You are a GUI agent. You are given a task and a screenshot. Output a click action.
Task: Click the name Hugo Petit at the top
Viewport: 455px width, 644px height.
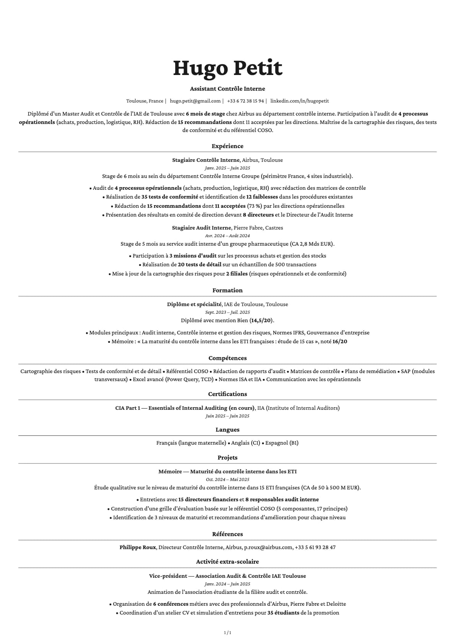(227, 68)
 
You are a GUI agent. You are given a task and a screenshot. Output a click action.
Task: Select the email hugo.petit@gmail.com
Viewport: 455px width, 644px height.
(195, 101)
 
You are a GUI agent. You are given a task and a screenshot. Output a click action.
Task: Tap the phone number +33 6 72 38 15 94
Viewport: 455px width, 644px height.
(245, 101)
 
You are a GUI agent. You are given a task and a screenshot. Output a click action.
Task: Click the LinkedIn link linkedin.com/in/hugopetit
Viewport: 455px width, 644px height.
(299, 101)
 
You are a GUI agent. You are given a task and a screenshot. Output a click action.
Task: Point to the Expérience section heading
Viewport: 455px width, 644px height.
(227, 146)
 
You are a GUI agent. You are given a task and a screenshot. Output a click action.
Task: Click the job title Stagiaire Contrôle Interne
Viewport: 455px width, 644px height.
(206, 160)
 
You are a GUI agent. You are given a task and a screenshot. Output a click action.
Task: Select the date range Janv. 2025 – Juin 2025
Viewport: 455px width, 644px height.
(227, 168)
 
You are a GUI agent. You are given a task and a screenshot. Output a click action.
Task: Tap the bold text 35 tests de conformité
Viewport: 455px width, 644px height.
(170, 197)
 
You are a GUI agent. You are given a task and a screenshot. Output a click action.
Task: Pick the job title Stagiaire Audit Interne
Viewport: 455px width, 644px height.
(201, 228)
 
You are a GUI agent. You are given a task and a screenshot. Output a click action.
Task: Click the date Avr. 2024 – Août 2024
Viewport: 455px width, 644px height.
(227, 236)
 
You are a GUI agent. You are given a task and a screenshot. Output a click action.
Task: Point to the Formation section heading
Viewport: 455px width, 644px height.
(227, 290)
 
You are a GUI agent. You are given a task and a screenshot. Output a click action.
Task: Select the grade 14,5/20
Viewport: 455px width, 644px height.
(261, 320)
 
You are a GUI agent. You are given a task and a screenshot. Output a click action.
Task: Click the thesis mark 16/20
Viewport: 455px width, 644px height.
(340, 341)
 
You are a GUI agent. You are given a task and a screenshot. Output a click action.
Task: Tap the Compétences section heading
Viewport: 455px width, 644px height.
(227, 358)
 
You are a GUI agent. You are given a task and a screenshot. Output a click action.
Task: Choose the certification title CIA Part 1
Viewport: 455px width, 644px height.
(128, 408)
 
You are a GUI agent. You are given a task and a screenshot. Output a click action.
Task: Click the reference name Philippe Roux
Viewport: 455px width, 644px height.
(137, 547)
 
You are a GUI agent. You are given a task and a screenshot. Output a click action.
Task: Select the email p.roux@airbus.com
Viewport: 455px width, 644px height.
(268, 547)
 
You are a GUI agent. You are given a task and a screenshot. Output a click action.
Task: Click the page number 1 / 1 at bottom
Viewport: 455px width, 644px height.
(227, 633)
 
